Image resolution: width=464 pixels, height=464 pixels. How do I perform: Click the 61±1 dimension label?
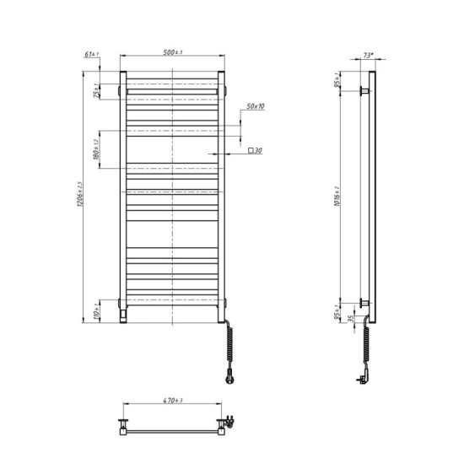(92, 55)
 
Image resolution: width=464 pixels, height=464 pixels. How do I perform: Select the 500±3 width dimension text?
(173, 53)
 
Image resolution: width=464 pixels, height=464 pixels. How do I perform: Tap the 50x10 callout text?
(256, 107)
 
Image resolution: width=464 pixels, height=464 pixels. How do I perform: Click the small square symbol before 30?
(251, 150)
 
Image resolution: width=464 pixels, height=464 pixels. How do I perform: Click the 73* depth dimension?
(367, 55)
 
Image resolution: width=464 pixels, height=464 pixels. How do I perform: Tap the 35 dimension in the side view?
(352, 318)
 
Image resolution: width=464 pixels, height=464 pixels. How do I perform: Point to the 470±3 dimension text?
(173, 401)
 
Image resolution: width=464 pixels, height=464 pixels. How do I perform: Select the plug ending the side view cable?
(362, 379)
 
